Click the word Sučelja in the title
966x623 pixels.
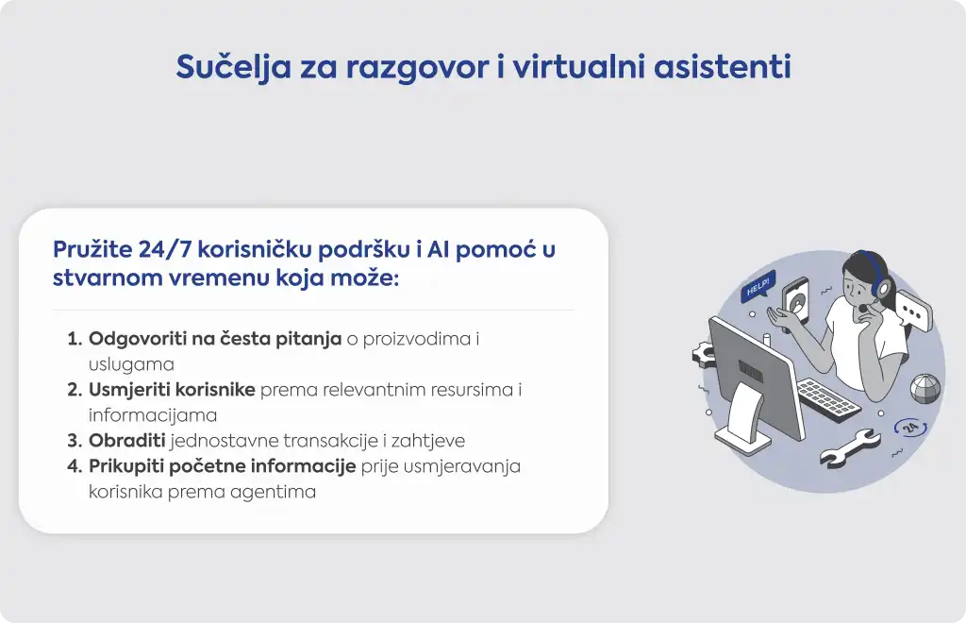233,67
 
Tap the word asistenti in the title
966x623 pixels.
722,67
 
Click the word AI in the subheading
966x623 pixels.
438,249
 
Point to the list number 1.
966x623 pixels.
74,339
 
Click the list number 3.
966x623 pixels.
75,441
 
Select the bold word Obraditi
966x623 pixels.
127,440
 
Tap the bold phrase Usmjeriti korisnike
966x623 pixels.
172,390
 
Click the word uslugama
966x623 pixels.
131,364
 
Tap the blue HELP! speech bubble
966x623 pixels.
758,287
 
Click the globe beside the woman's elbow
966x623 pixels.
925,388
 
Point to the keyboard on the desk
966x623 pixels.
828,400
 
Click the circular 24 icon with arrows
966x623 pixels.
910,427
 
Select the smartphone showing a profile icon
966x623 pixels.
795,304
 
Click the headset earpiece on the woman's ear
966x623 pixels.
884,287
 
